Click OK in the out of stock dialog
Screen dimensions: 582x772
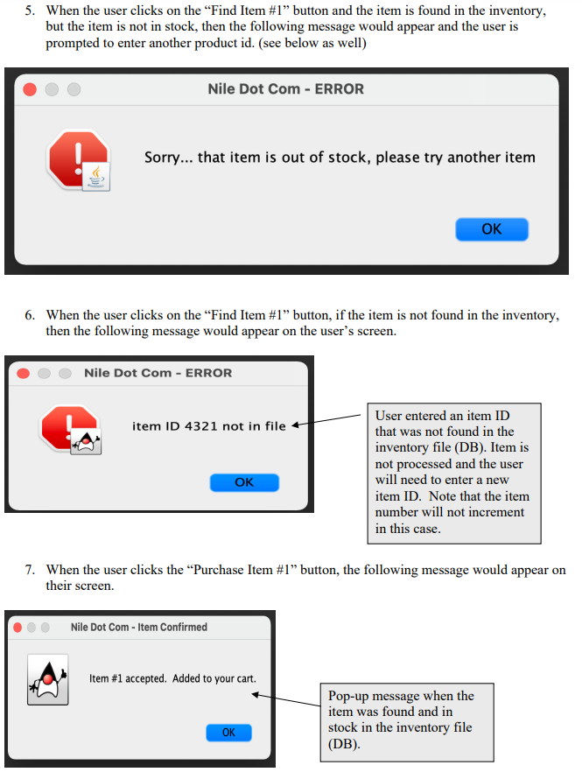491,229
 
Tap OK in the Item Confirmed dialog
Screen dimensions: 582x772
228,732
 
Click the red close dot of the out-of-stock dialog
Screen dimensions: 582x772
30,89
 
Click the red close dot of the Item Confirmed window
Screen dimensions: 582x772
18,628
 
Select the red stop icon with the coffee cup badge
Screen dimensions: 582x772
79,159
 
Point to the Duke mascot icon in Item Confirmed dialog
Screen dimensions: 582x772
48,679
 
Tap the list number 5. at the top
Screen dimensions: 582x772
30,11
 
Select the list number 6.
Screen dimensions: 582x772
30,315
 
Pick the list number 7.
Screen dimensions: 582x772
30,570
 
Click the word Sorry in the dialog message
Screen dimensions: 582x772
162,158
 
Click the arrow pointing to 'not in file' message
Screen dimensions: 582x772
326,420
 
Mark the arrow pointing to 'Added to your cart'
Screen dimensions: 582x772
286,700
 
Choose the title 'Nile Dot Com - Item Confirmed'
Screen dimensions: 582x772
139,627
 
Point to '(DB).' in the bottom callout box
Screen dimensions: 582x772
344,743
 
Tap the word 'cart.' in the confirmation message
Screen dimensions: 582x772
246,678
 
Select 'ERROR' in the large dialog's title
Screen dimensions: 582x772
340,89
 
